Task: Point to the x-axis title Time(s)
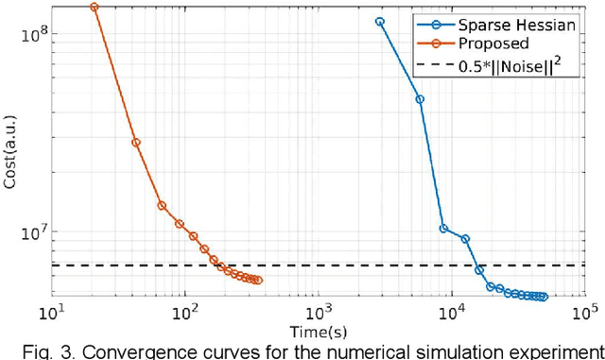tap(318, 329)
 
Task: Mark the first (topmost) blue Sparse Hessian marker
tap(380, 21)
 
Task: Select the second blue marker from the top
tap(420, 98)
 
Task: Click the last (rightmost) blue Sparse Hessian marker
tap(544, 297)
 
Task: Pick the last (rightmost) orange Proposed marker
tap(258, 280)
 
